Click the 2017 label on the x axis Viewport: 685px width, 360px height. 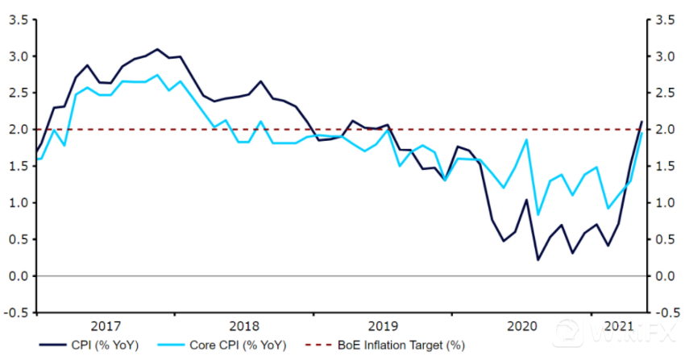106,325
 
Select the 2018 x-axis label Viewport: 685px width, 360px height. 244,325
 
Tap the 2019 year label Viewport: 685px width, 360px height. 383,325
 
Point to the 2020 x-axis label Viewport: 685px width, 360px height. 521,325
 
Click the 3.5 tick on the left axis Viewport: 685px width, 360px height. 18,19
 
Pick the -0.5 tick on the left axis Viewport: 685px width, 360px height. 16,312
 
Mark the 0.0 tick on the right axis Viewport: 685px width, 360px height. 667,276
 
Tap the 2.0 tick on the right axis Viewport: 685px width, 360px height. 667,130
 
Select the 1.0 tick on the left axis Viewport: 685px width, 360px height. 18,203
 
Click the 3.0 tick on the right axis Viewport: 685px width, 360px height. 667,56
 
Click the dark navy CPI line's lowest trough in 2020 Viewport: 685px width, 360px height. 538,259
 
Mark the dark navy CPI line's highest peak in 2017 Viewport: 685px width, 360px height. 157,49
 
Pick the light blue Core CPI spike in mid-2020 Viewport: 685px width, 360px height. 526,140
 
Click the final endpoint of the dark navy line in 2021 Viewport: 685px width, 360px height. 642,122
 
